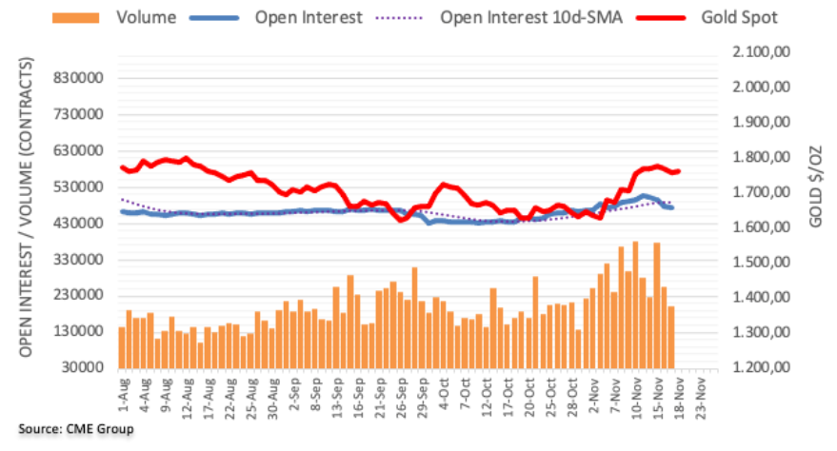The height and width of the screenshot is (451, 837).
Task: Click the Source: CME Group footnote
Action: coord(76,429)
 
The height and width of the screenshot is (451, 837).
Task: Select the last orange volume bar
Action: coord(671,337)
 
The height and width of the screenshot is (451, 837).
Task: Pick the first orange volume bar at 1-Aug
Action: coord(122,347)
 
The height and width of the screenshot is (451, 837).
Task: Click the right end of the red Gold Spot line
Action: coord(678,171)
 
